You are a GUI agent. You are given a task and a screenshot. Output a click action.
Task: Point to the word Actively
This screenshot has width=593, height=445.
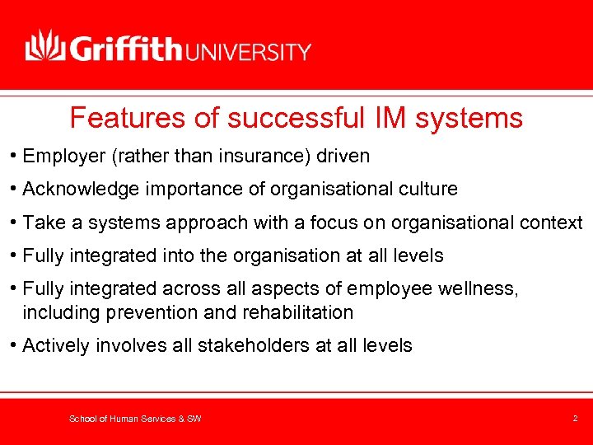click(x=56, y=345)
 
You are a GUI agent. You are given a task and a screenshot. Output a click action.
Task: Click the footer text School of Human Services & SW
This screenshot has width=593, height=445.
click(x=135, y=419)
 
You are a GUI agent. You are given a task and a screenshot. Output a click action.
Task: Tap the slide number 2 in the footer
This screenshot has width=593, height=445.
click(x=575, y=419)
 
